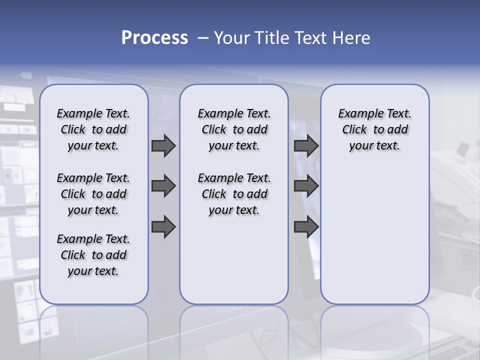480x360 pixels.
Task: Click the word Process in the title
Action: point(154,38)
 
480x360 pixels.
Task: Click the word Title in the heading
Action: point(270,38)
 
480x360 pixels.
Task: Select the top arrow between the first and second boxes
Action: point(163,145)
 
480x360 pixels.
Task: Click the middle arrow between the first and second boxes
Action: point(163,186)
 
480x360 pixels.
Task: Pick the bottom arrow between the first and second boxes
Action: point(163,227)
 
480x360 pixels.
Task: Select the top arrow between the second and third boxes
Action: point(306,145)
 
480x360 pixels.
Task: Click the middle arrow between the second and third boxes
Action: point(306,186)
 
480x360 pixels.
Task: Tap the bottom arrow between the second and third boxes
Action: point(306,227)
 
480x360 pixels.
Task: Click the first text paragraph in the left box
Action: point(93,129)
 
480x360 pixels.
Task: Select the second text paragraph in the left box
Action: point(93,194)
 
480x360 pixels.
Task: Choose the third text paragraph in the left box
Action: point(93,255)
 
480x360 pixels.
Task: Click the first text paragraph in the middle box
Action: point(234,129)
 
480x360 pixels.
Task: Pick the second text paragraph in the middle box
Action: point(234,194)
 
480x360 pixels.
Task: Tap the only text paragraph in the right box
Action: point(374,129)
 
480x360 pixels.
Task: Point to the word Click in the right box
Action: point(354,130)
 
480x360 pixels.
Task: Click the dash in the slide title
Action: point(202,38)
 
